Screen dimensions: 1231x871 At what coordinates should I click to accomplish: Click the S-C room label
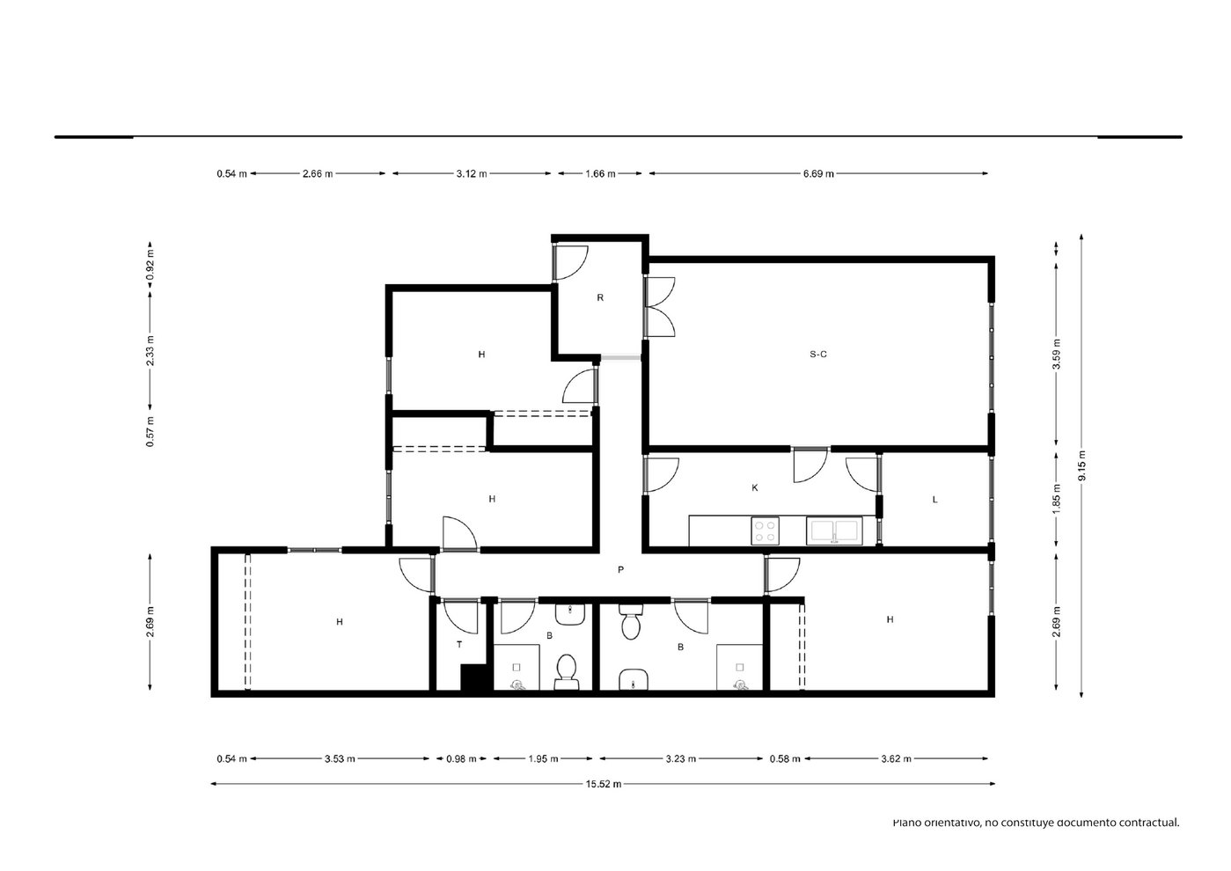pyautogui.click(x=817, y=355)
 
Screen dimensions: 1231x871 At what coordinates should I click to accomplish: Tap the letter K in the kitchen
pyautogui.click(x=755, y=487)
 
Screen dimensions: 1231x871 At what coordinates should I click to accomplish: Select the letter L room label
pyautogui.click(x=934, y=500)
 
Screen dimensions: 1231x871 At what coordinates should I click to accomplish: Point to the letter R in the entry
pyautogui.click(x=600, y=298)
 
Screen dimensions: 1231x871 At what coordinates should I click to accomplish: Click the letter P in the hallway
pyautogui.click(x=620, y=570)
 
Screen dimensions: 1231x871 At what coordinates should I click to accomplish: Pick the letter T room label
pyautogui.click(x=459, y=645)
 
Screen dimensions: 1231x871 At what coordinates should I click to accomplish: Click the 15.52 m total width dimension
pyautogui.click(x=604, y=784)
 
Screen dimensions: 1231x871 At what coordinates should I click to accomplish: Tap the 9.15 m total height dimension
pyautogui.click(x=1082, y=465)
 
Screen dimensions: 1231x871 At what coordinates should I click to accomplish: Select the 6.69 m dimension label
pyautogui.click(x=818, y=173)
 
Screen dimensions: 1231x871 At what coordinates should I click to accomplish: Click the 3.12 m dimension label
pyautogui.click(x=472, y=173)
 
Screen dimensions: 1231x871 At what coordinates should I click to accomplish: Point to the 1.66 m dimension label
pyautogui.click(x=600, y=173)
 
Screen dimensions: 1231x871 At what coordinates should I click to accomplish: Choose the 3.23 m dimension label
pyautogui.click(x=681, y=759)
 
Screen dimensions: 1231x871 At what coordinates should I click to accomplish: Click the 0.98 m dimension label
pyautogui.click(x=461, y=759)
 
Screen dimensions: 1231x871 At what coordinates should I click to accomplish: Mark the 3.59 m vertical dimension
pyautogui.click(x=1056, y=355)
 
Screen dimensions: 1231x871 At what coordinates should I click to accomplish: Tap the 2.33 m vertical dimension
pyautogui.click(x=150, y=350)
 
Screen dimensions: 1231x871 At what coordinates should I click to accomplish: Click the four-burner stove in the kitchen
pyautogui.click(x=765, y=531)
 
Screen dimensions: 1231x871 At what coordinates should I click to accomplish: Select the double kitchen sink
pyautogui.click(x=834, y=531)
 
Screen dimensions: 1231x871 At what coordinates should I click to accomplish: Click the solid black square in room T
pyautogui.click(x=473, y=677)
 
